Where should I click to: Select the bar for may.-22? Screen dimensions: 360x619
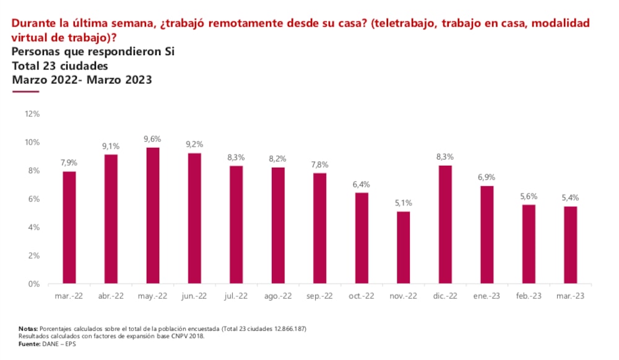point(152,216)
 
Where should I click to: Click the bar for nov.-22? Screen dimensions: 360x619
point(403,247)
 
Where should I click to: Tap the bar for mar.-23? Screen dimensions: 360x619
point(570,245)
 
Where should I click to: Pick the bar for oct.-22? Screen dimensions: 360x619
point(361,238)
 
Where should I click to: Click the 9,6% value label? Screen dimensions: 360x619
point(152,139)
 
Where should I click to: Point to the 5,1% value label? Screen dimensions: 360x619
point(403,203)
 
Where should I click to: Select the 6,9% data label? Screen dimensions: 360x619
point(487,178)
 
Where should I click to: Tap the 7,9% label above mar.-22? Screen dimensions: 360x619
point(69,163)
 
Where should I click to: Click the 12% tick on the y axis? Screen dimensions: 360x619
point(32,114)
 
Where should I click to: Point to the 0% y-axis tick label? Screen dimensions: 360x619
point(34,284)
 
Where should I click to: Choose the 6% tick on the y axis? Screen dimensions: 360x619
point(34,199)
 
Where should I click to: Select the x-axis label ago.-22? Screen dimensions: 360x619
point(277,296)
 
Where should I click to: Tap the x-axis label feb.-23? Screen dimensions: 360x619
point(529,296)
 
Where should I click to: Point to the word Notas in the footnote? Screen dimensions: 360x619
point(28,328)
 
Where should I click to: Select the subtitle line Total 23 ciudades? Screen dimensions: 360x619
point(60,66)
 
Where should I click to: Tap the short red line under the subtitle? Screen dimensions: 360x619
point(25,92)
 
